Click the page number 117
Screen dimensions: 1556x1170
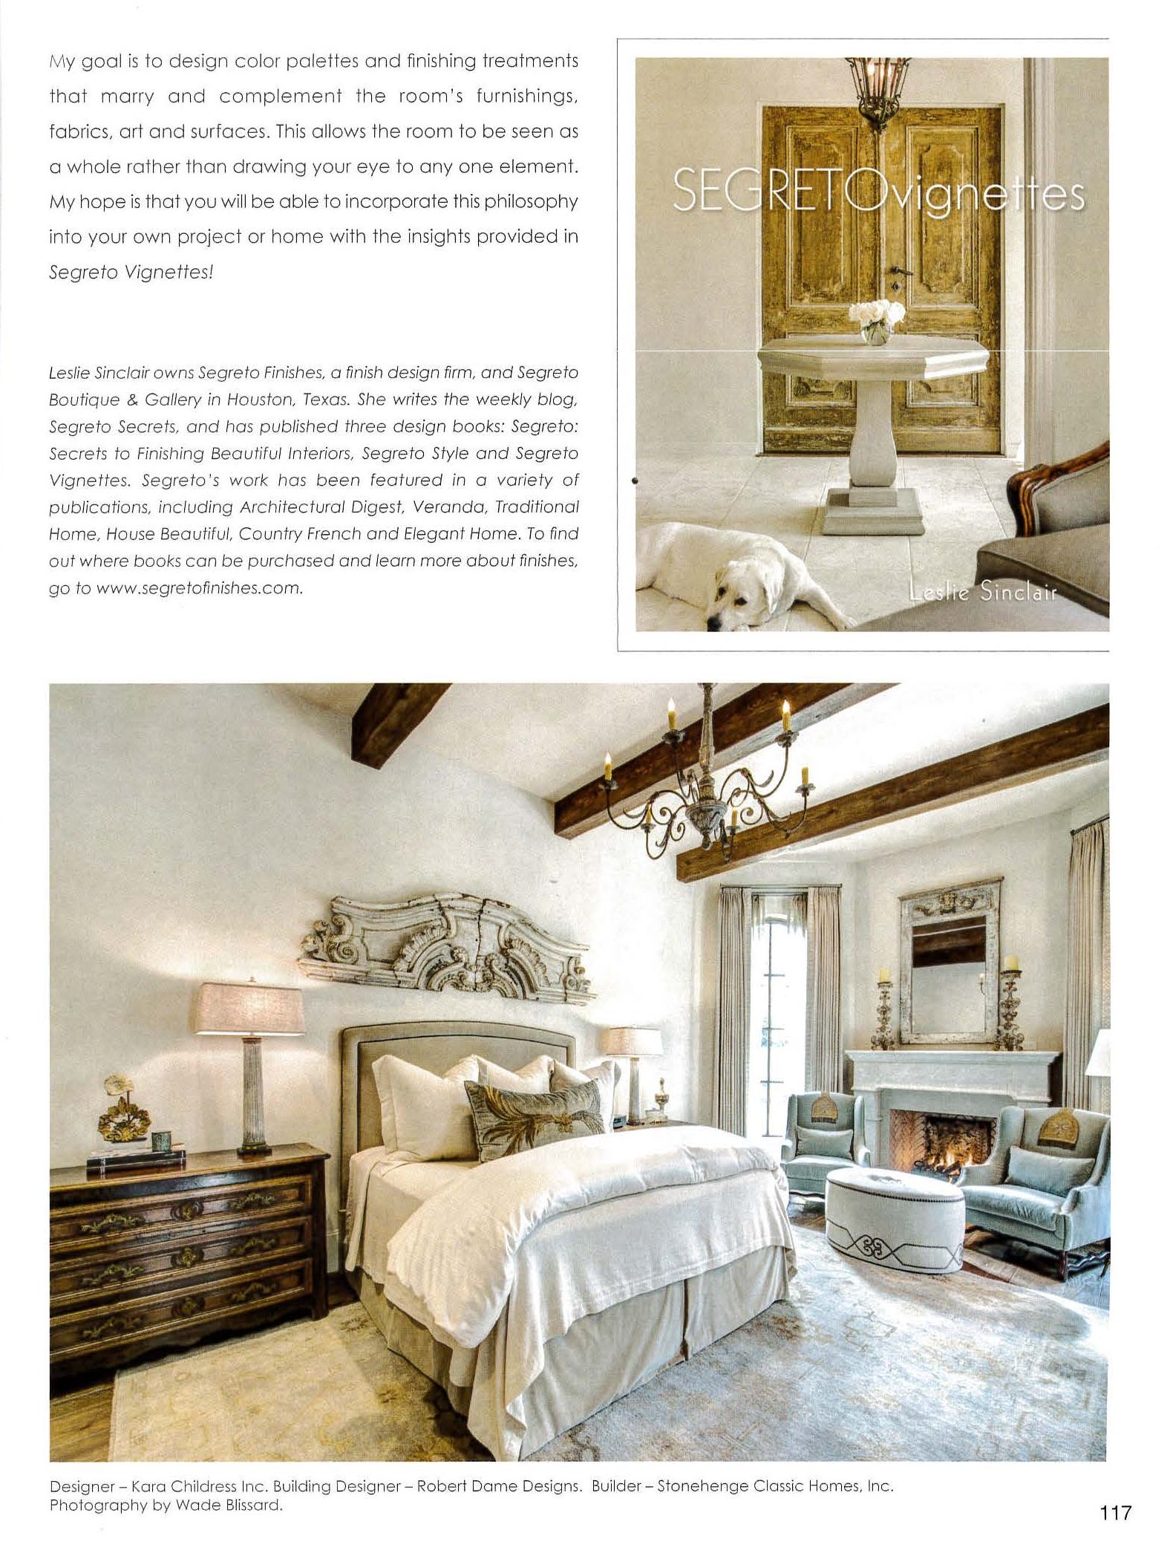pyautogui.click(x=1113, y=1511)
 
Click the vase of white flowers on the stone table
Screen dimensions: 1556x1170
pyautogui.click(x=877, y=322)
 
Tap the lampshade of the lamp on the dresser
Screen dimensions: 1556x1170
pyautogui.click(x=249, y=1007)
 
